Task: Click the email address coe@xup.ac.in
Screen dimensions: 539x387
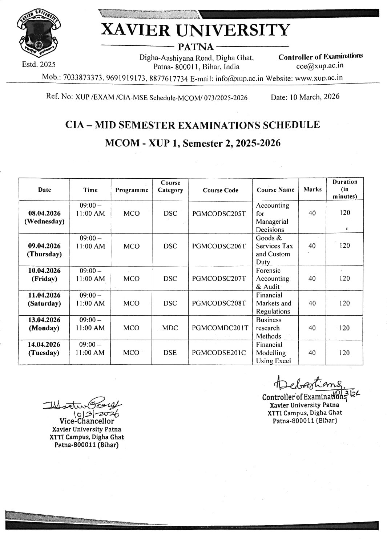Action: pyautogui.click(x=320, y=66)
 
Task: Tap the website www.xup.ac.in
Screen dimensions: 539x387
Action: pyautogui.click(x=319, y=78)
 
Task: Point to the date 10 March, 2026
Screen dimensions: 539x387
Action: pyautogui.click(x=305, y=97)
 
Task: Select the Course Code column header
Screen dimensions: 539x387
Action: pyautogui.click(x=220, y=190)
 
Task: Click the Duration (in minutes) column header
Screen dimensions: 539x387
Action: pyautogui.click(x=344, y=189)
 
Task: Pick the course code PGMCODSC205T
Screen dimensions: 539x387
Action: pyautogui.click(x=219, y=214)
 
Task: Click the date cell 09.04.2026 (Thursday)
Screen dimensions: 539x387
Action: pyautogui.click(x=44, y=250)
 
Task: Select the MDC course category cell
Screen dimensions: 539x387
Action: pyautogui.click(x=170, y=328)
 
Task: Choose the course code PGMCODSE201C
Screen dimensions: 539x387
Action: pyautogui.click(x=219, y=353)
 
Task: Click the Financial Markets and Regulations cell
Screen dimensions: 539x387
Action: pyautogui.click(x=273, y=303)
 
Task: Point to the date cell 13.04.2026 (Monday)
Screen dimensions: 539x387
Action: pyautogui.click(x=44, y=324)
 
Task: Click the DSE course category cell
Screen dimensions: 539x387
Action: pyautogui.click(x=170, y=353)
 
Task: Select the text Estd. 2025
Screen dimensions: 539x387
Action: pyautogui.click(x=39, y=65)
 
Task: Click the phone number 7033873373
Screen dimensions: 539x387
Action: pyautogui.click(x=83, y=78)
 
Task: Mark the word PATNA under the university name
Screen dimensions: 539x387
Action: pyautogui.click(x=195, y=46)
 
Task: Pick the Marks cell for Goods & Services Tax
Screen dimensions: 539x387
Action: pyautogui.click(x=312, y=246)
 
